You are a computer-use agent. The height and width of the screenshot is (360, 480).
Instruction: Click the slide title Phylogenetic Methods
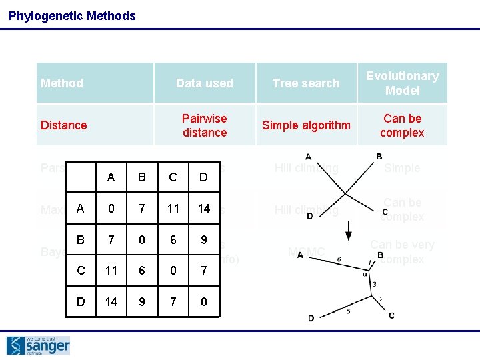(72, 15)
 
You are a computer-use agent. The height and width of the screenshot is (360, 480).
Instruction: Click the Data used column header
(204, 83)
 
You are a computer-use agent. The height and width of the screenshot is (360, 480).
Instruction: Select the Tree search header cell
(306, 83)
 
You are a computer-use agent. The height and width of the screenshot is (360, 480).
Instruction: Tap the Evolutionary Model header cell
(402, 83)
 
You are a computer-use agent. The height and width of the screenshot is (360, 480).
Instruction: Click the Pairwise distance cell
(204, 125)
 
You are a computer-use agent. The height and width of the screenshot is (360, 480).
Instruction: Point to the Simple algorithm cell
(306, 125)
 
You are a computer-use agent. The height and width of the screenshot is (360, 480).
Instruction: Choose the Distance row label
(64, 125)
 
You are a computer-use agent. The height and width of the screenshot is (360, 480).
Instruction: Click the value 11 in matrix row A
(173, 209)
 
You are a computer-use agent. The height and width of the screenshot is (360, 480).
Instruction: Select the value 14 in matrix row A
(204, 209)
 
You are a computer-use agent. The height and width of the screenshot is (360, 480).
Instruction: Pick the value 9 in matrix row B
(204, 239)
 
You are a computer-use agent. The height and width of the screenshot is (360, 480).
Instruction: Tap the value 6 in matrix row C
(142, 271)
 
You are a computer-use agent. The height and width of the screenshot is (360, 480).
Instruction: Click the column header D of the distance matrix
(204, 177)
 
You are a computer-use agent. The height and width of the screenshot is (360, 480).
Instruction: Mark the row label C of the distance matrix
(81, 271)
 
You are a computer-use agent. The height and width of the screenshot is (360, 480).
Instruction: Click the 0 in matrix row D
(204, 301)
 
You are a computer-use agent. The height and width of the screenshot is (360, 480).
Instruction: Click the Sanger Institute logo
(38, 345)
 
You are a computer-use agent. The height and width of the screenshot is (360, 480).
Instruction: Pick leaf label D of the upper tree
(310, 215)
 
